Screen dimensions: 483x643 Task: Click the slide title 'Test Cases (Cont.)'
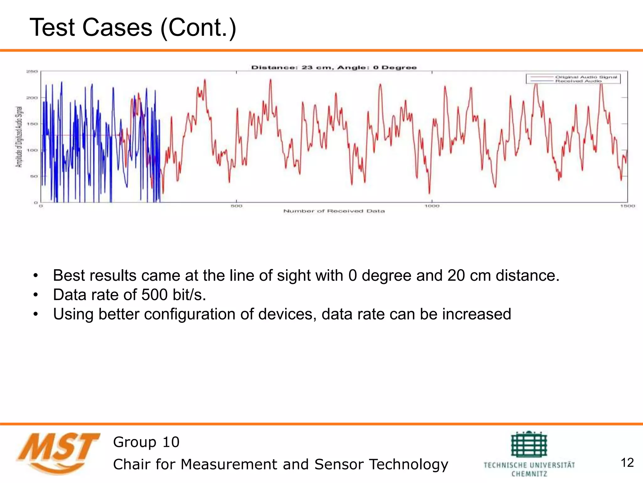coord(132,28)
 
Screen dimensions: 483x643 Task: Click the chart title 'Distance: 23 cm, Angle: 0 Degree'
coord(334,67)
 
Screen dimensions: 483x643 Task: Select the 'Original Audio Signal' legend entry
coord(586,77)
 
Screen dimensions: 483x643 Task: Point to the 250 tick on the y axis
coord(32,71)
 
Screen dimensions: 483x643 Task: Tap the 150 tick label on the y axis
coord(32,124)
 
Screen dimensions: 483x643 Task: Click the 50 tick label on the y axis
coord(33,176)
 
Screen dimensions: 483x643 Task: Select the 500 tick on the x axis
coord(236,206)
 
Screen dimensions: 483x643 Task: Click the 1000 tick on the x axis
coord(432,206)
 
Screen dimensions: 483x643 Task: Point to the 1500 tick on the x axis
coord(627,206)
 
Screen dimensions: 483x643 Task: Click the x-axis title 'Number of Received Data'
coord(334,211)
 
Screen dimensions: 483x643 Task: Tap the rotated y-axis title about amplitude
coord(19,137)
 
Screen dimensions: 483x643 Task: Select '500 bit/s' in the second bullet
coord(173,295)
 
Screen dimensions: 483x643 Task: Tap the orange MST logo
coord(58,453)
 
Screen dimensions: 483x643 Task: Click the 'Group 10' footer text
coord(146,442)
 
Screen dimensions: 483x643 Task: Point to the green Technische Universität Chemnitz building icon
coord(529,444)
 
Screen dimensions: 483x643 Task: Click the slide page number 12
coord(627,463)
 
